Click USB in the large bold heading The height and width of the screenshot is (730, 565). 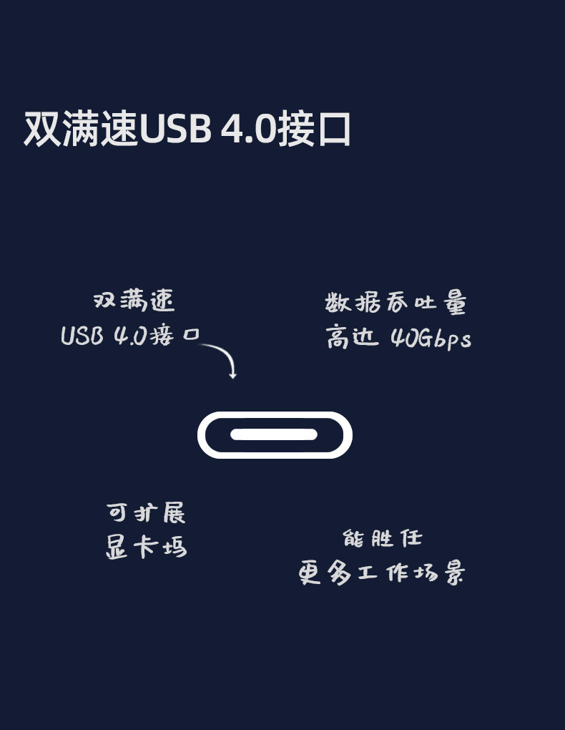pyautogui.click(x=175, y=129)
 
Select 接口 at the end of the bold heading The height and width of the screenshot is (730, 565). pyautogui.click(x=314, y=129)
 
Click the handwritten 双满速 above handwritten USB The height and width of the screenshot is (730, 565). pyautogui.click(x=134, y=301)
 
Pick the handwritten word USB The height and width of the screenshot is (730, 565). pyautogui.click(x=82, y=336)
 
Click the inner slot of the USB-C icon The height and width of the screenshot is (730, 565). pyautogui.click(x=274, y=434)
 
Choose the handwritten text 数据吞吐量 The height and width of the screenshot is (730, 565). pyautogui.click(x=395, y=303)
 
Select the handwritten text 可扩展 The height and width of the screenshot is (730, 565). pyautogui.click(x=146, y=512)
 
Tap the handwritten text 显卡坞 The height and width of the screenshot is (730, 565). pyautogui.click(x=146, y=547)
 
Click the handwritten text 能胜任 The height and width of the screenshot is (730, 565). pyautogui.click(x=382, y=538)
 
